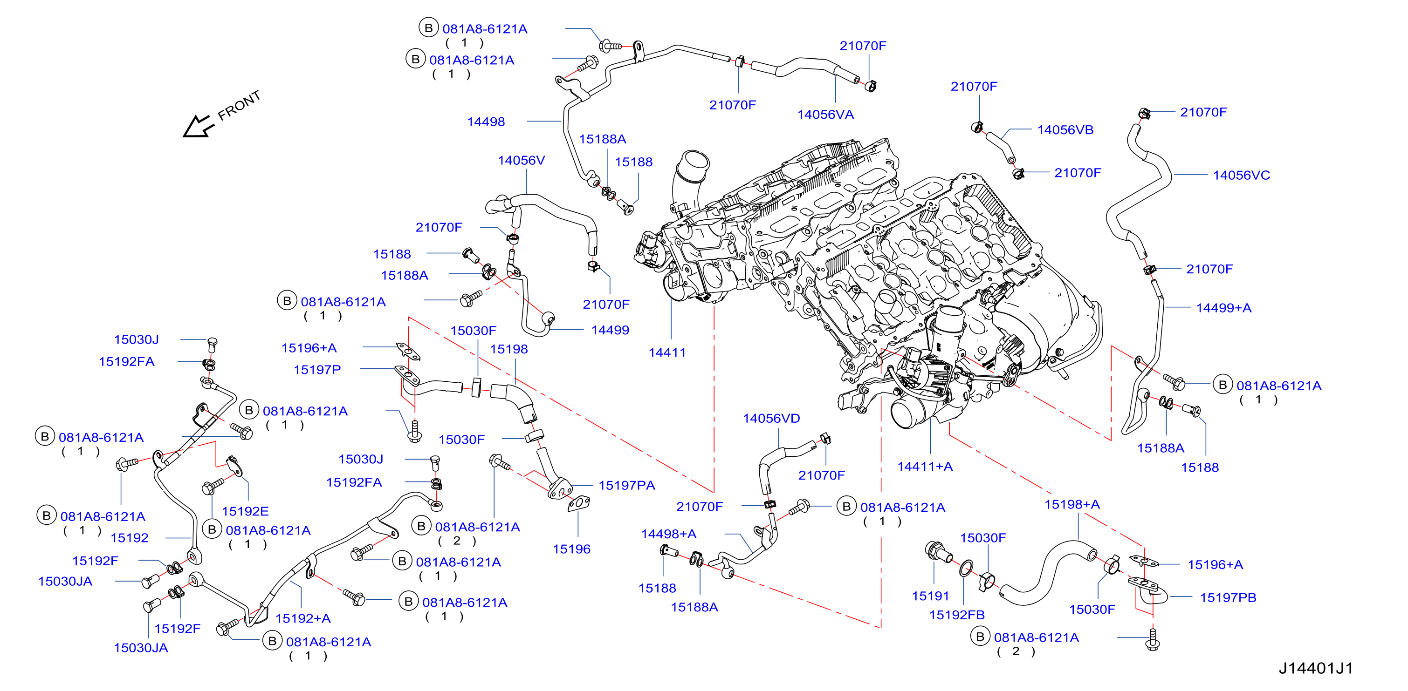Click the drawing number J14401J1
click(x=1315, y=668)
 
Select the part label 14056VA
click(x=825, y=114)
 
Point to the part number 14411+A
click(x=925, y=466)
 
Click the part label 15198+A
click(x=1072, y=504)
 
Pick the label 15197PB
click(x=1228, y=597)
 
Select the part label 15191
click(x=930, y=596)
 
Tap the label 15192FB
click(x=957, y=615)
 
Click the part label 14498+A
click(x=668, y=534)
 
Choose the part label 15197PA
click(x=627, y=485)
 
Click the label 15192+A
click(x=303, y=618)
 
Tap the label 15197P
click(x=317, y=369)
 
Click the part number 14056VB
click(x=1065, y=129)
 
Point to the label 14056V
click(x=522, y=160)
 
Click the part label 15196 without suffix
click(x=571, y=549)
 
